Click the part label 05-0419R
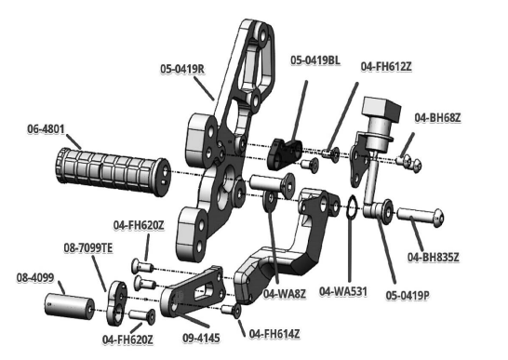click(x=182, y=69)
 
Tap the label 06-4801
click(x=46, y=128)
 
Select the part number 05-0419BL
click(x=315, y=60)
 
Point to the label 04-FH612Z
click(x=386, y=66)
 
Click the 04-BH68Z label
click(x=437, y=117)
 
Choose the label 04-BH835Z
click(x=434, y=258)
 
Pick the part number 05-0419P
click(x=408, y=295)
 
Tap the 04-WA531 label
click(x=343, y=291)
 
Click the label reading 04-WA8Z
click(x=284, y=294)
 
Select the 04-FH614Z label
click(x=274, y=333)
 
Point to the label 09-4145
click(x=201, y=338)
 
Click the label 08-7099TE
click(x=88, y=248)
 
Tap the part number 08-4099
click(x=35, y=278)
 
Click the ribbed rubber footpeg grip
click(x=112, y=172)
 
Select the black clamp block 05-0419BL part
click(x=285, y=153)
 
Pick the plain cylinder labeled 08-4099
click(x=69, y=306)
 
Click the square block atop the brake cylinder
click(x=381, y=109)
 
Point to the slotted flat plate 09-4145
click(x=194, y=292)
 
